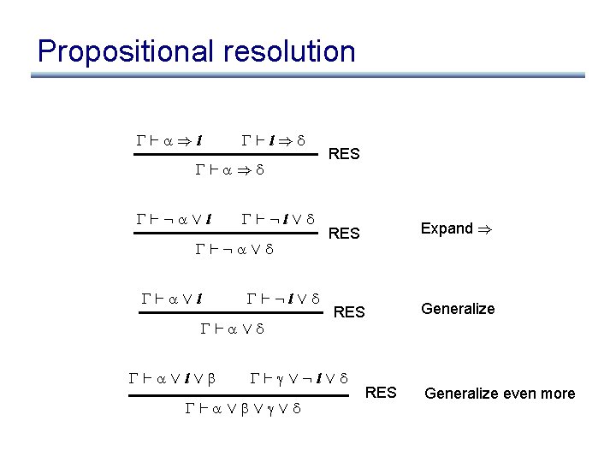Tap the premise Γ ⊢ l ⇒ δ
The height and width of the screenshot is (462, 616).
pyautogui.click(x=274, y=139)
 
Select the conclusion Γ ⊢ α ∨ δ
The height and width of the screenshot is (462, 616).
pyautogui.click(x=232, y=329)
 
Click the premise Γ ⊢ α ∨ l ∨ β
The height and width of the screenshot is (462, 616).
pyautogui.click(x=171, y=376)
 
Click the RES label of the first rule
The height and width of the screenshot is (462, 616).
pyautogui.click(x=344, y=155)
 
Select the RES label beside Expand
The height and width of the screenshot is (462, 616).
pyautogui.click(x=344, y=234)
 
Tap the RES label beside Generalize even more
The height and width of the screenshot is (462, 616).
pyautogui.click(x=381, y=393)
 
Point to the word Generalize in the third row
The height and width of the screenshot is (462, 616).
pyautogui.click(x=457, y=309)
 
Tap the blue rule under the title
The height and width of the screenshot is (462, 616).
pyautogui.click(x=308, y=76)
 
